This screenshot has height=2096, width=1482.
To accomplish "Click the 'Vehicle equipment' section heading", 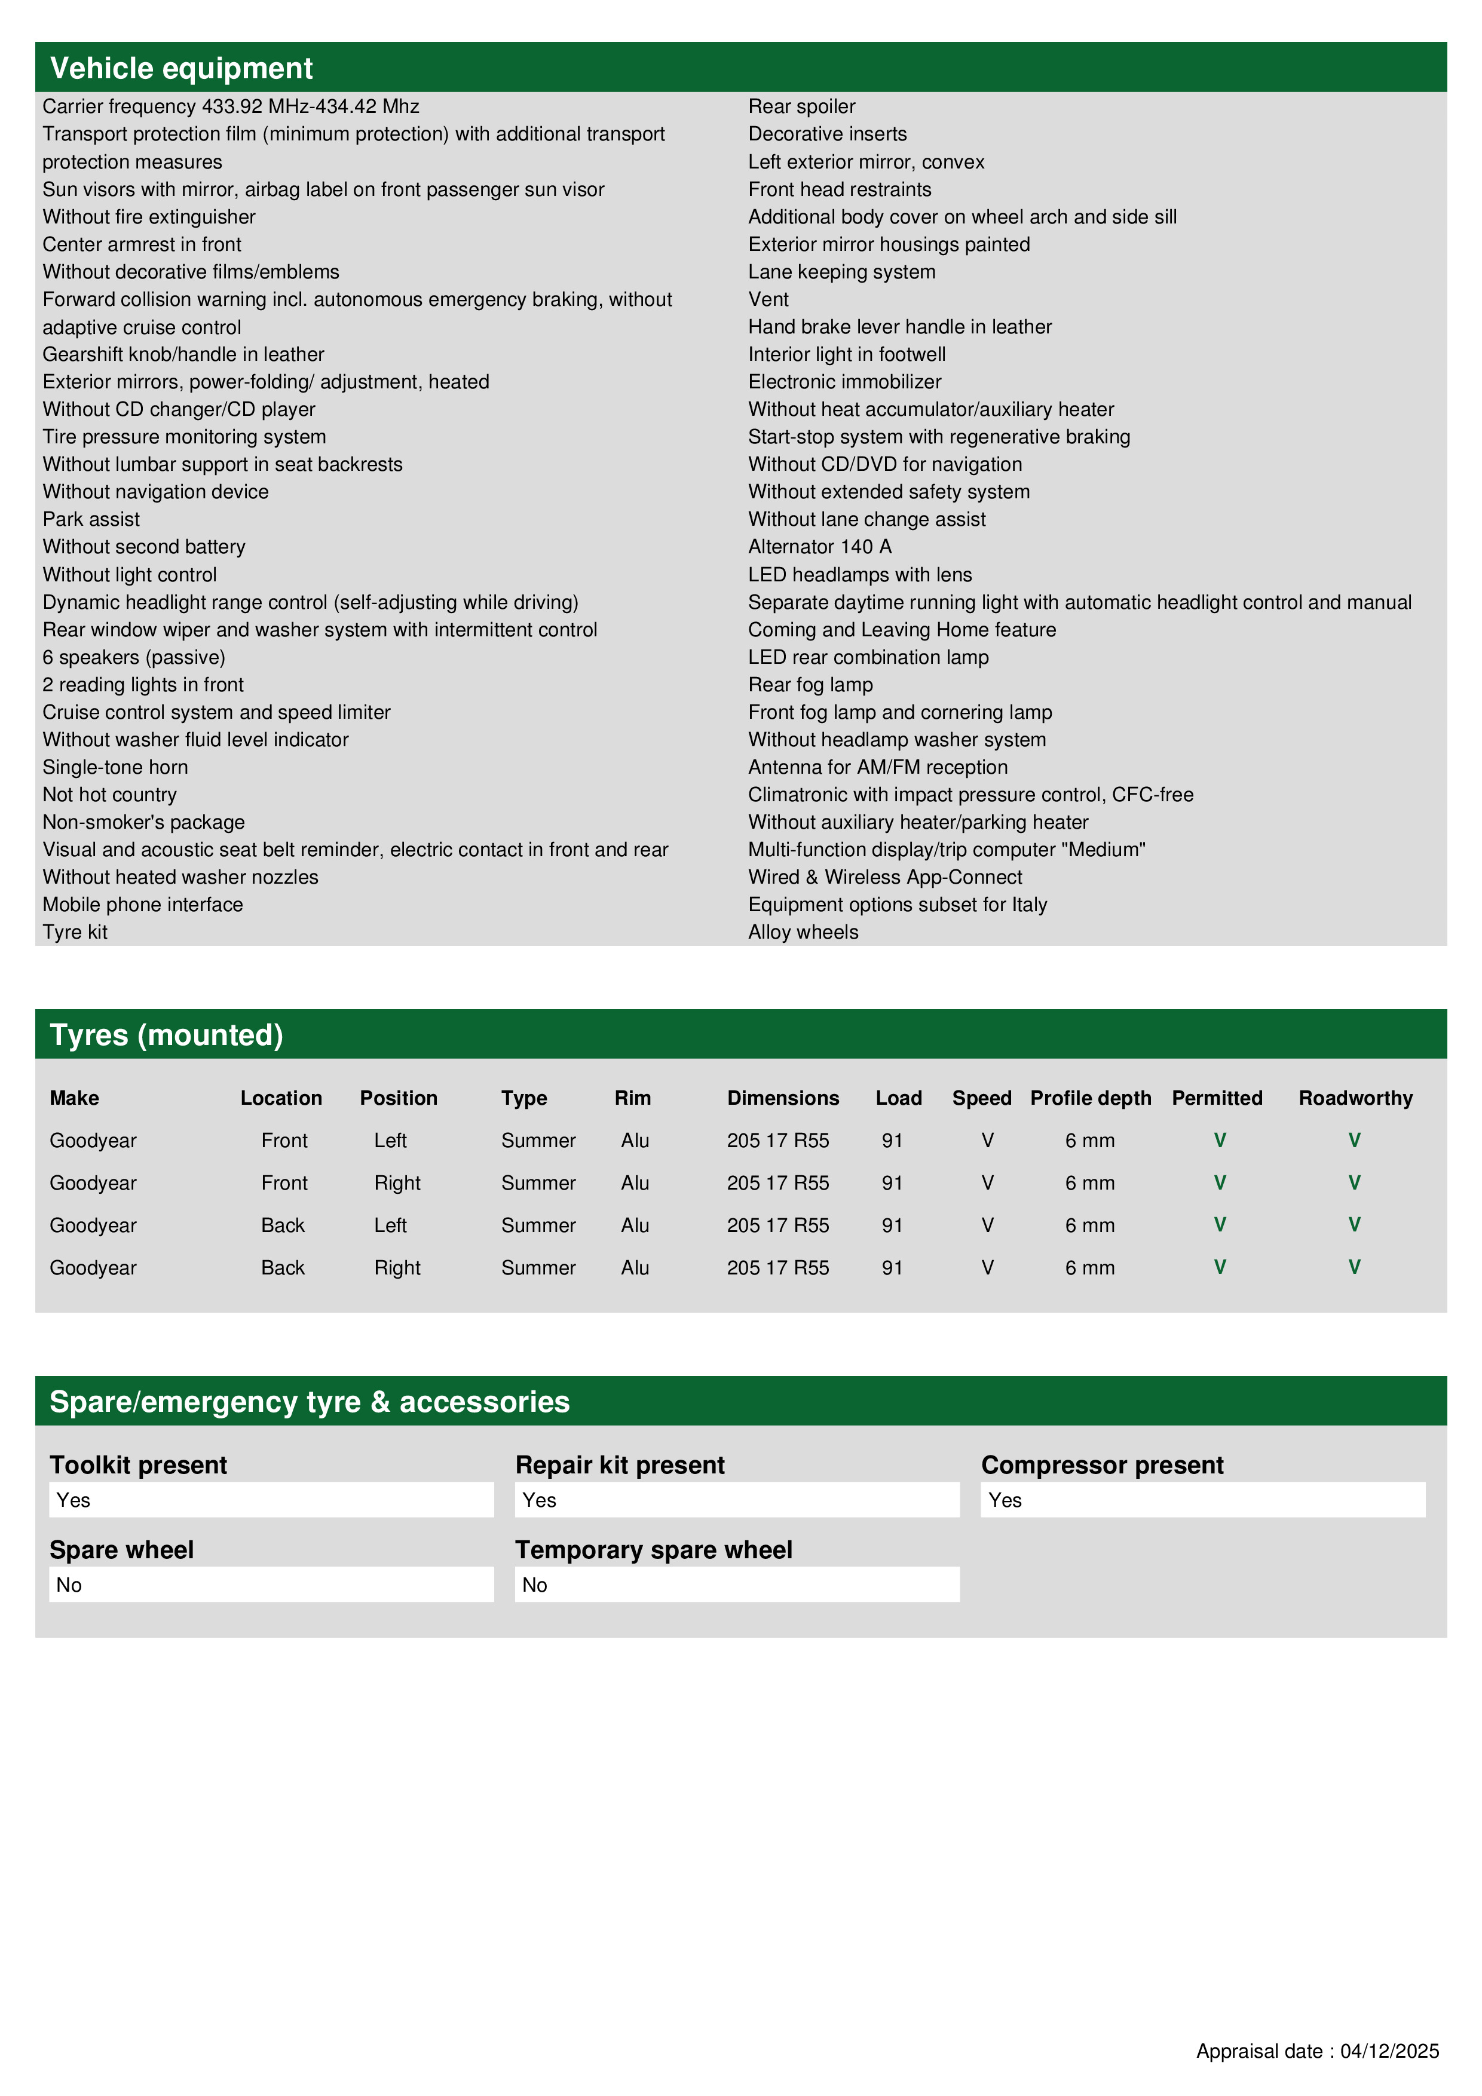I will (x=181, y=69).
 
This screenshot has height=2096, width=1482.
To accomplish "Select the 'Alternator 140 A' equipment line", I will (x=819, y=547).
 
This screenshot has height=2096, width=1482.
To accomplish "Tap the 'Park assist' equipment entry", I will (x=91, y=519).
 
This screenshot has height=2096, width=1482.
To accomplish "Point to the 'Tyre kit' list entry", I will (x=75, y=932).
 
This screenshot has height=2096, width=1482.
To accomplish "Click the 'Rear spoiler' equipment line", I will (x=801, y=107).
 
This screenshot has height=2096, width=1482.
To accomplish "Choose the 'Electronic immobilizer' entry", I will (x=844, y=382).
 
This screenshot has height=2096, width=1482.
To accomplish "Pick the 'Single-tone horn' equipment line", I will (x=115, y=767).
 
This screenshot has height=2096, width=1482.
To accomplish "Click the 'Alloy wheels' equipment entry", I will (x=803, y=932).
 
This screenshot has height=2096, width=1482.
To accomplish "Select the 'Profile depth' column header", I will (x=1090, y=1098).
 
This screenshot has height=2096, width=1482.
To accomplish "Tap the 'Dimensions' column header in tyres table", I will (x=783, y=1098).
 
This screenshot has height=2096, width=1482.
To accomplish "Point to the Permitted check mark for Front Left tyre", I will (x=1219, y=1140).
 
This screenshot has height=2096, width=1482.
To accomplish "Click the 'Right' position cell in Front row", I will (x=397, y=1183).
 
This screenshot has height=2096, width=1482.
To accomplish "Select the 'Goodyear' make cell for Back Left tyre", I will (x=93, y=1225).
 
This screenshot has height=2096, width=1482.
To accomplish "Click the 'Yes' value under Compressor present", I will (x=1005, y=1500).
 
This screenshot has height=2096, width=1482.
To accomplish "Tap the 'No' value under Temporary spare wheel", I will (x=535, y=1585).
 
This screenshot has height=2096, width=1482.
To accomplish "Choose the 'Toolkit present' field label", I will (x=138, y=1465).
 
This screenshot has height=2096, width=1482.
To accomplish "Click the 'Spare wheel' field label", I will (x=121, y=1550).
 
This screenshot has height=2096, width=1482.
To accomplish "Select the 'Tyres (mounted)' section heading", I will (x=166, y=1035).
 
